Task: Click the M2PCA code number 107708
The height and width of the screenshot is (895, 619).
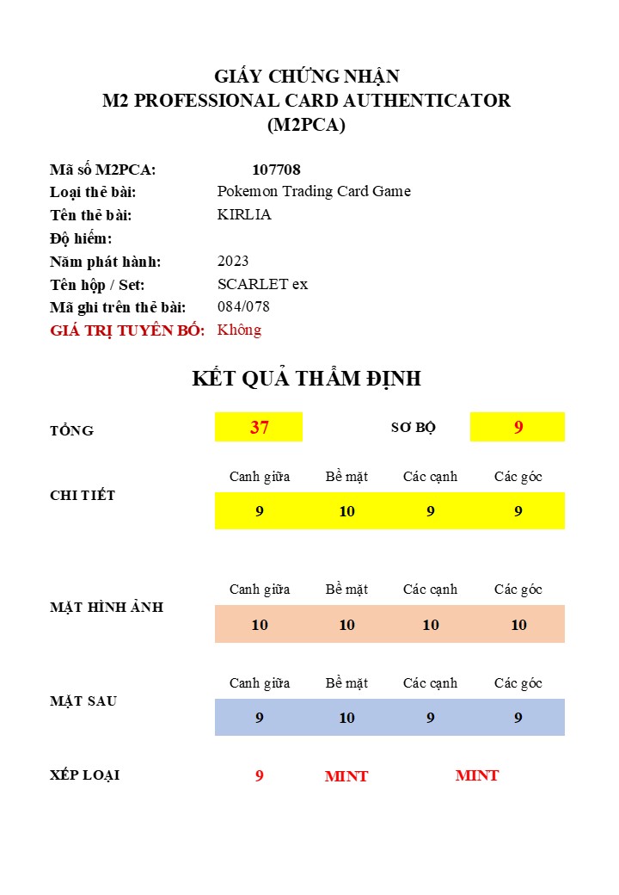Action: pyautogui.click(x=276, y=170)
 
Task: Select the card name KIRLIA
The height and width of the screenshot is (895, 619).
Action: pyautogui.click(x=244, y=214)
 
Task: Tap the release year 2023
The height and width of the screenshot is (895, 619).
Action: pyautogui.click(x=233, y=261)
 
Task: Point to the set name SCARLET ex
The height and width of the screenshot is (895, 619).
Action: pyautogui.click(x=262, y=284)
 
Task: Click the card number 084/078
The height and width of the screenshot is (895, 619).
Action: pyautogui.click(x=243, y=306)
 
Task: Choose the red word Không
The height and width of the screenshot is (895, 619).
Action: pyautogui.click(x=239, y=330)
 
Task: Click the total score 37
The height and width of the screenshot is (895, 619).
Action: pyautogui.click(x=259, y=427)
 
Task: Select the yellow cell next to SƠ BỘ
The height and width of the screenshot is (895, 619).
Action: pyautogui.click(x=518, y=427)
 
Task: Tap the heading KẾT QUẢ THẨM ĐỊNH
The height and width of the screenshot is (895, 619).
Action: pyautogui.click(x=306, y=379)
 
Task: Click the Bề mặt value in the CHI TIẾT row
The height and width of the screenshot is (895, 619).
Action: pyautogui.click(x=346, y=511)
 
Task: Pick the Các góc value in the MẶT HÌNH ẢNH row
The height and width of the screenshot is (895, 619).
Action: pyautogui.click(x=518, y=625)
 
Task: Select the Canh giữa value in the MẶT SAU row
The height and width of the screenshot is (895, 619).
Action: pyautogui.click(x=259, y=718)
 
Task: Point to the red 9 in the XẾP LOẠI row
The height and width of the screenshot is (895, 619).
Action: pyautogui.click(x=259, y=775)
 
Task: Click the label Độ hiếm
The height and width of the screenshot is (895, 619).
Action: pyautogui.click(x=81, y=238)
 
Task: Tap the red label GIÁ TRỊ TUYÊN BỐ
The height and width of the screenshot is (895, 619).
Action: pyautogui.click(x=127, y=330)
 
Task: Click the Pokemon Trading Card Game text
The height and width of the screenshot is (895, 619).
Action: pyautogui.click(x=314, y=191)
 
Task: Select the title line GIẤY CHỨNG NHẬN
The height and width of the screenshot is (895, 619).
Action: pyautogui.click(x=306, y=77)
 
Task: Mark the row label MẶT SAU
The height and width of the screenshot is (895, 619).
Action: pyautogui.click(x=83, y=701)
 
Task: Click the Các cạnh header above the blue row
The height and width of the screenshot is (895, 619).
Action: pyautogui.click(x=430, y=683)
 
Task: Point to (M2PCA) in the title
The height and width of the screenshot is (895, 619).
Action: pyautogui.click(x=306, y=125)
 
